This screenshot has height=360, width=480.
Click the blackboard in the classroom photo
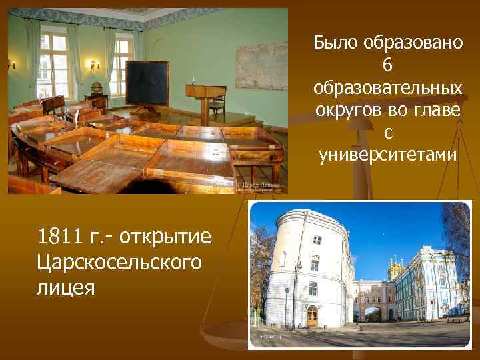tap(147, 83)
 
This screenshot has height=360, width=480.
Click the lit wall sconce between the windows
tap(94, 65)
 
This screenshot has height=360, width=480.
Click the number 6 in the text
tap(388, 65)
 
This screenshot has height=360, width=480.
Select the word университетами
tap(388, 155)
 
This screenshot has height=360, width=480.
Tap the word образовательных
tap(388, 88)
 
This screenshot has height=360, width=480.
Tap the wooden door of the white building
tap(312, 315)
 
